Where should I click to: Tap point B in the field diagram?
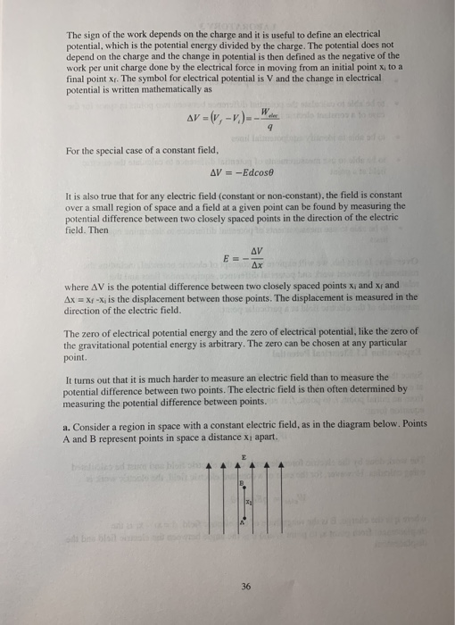point(238,483)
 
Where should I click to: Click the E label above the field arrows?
point(241,456)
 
